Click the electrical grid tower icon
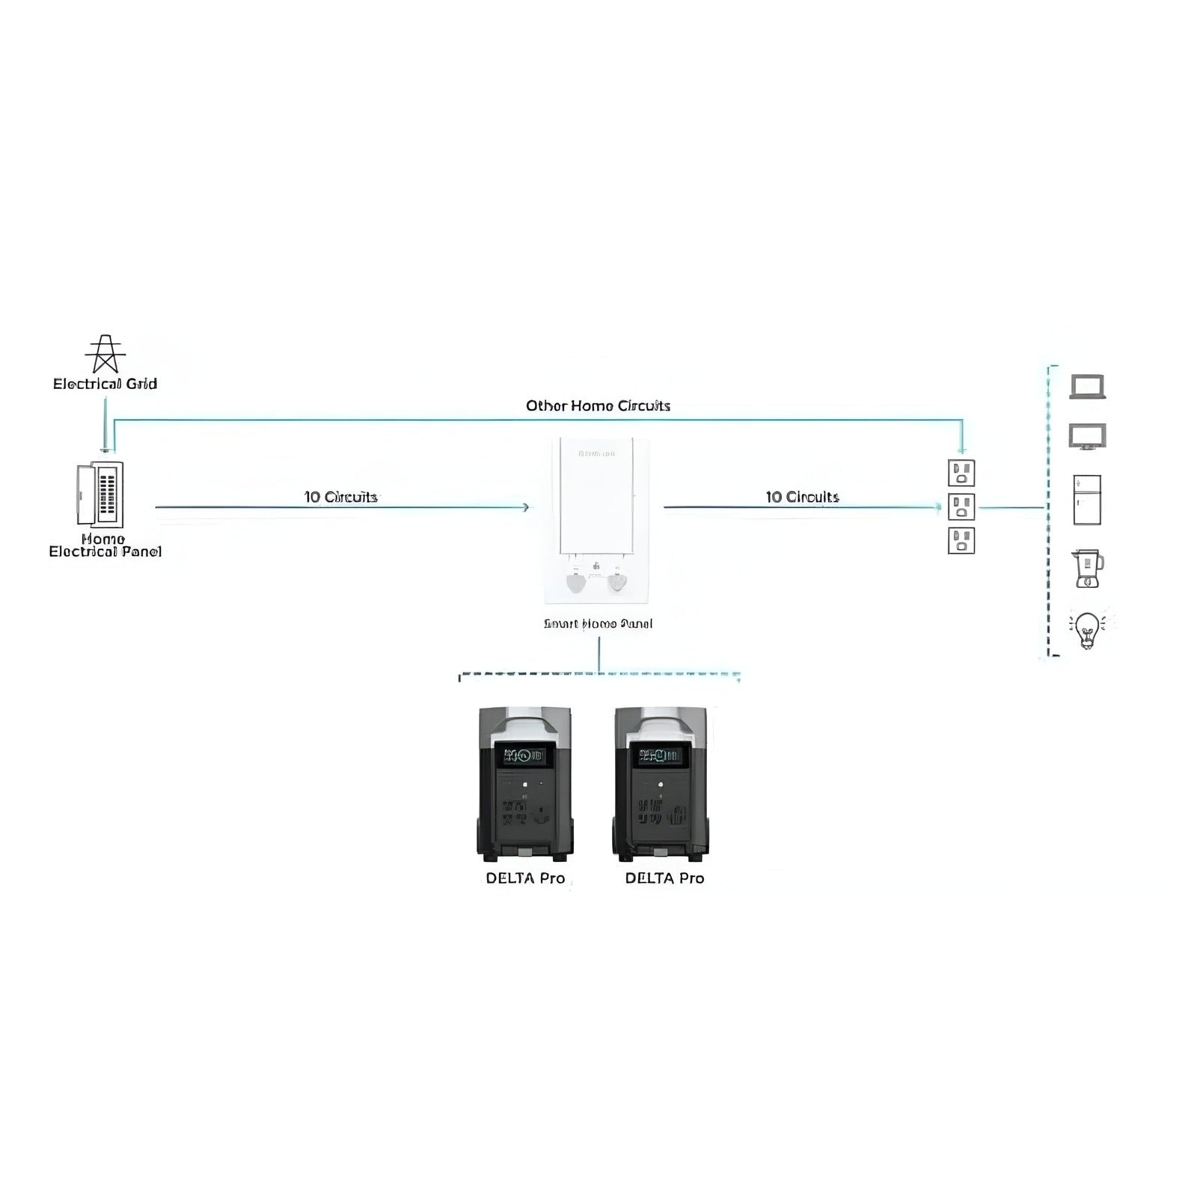point(105,354)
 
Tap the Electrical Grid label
point(105,384)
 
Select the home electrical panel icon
point(100,495)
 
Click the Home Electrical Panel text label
point(105,545)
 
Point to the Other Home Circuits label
point(598,405)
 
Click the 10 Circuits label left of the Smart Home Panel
point(340,497)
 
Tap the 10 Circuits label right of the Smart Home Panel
point(802,497)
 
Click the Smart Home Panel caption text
point(598,623)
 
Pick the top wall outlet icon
point(961,473)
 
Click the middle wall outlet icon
point(961,506)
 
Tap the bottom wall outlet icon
point(961,540)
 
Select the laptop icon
point(1087,387)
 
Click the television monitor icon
point(1087,436)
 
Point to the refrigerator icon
point(1087,500)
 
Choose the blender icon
point(1087,569)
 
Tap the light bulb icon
point(1087,629)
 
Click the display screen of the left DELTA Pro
point(524,756)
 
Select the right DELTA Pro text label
point(664,878)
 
